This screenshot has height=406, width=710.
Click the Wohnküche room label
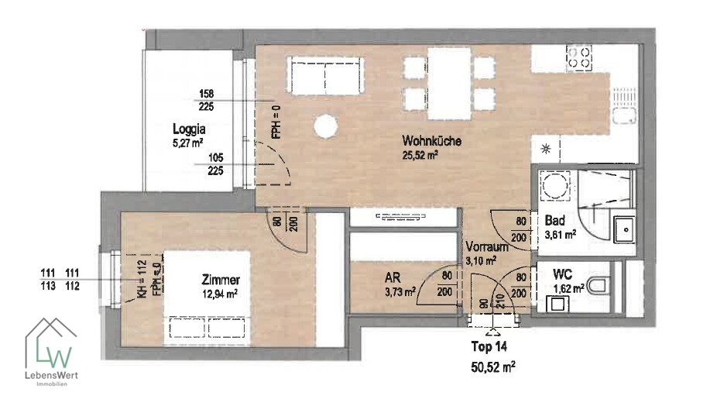pos(431,140)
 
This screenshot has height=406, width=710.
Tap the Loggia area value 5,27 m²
pos(187,143)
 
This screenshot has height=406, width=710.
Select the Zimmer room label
pos(221,280)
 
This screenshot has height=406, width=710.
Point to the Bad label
pos(554,221)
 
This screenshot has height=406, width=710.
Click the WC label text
pos(562,274)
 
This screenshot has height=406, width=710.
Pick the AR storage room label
pos(393,277)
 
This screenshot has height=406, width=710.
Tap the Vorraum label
pos(487,247)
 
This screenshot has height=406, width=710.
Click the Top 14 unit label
pos(489,346)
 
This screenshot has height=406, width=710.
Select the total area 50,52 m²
pos(493,366)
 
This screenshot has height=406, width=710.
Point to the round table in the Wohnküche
pos(325,126)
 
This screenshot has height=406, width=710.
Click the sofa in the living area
pos(326,75)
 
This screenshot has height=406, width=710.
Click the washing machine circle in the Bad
pos(554,185)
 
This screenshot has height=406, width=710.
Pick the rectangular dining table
pos(449,84)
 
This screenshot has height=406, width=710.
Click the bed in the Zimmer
pos(207,298)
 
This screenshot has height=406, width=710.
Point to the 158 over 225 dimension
pos(206,100)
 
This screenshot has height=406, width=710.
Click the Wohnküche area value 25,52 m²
pos(420,155)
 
